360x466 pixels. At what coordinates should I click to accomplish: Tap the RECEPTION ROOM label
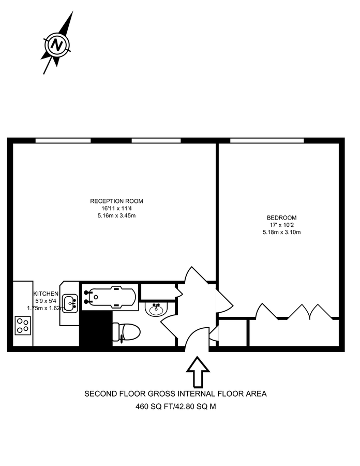(116, 201)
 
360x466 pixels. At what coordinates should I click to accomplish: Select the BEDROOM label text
(281, 217)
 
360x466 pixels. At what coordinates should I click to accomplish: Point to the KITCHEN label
(46, 293)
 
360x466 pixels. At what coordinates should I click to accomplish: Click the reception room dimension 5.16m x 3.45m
(116, 215)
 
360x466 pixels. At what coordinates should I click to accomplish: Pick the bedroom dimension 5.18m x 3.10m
(281, 232)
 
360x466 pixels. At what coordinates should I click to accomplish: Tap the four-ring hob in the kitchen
(23, 325)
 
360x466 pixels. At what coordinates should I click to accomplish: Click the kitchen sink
(70, 302)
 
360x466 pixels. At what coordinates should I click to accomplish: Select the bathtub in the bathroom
(110, 297)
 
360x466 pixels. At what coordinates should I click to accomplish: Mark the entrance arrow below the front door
(197, 371)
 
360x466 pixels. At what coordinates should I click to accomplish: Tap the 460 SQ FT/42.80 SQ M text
(175, 406)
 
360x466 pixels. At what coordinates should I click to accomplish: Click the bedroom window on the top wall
(266, 140)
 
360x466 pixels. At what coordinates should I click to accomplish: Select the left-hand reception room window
(63, 140)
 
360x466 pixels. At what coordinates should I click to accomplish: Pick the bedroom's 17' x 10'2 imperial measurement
(281, 225)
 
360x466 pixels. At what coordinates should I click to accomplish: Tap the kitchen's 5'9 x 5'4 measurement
(46, 300)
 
